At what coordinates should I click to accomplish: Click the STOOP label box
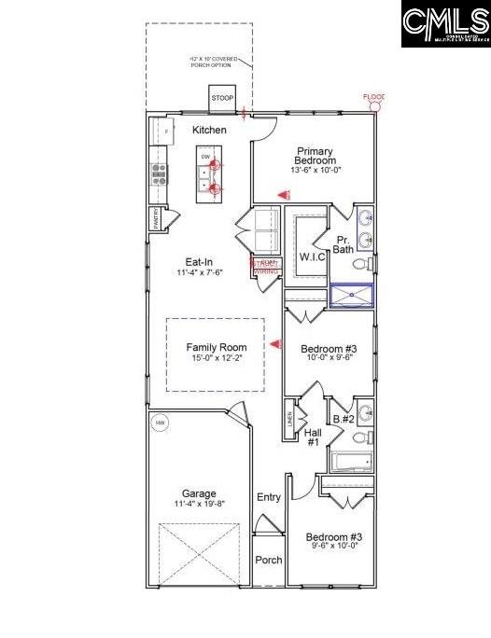click(x=222, y=98)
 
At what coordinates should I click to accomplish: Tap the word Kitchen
click(x=209, y=130)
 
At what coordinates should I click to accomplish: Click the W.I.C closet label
click(x=312, y=257)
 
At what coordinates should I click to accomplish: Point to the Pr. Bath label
click(x=344, y=243)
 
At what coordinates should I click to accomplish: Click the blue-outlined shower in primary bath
click(x=352, y=297)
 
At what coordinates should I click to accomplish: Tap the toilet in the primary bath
click(x=370, y=265)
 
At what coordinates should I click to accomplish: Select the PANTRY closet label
click(x=156, y=220)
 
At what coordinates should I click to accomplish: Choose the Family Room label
click(x=216, y=347)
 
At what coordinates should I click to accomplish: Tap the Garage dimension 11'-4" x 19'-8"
click(x=199, y=505)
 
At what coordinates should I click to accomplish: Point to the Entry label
click(x=269, y=497)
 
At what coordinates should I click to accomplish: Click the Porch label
click(x=269, y=561)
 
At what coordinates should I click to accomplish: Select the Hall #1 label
click(x=314, y=436)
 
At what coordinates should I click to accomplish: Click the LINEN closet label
click(x=289, y=423)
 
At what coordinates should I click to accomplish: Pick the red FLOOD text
click(x=373, y=97)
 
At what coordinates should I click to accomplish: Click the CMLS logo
click(x=445, y=24)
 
